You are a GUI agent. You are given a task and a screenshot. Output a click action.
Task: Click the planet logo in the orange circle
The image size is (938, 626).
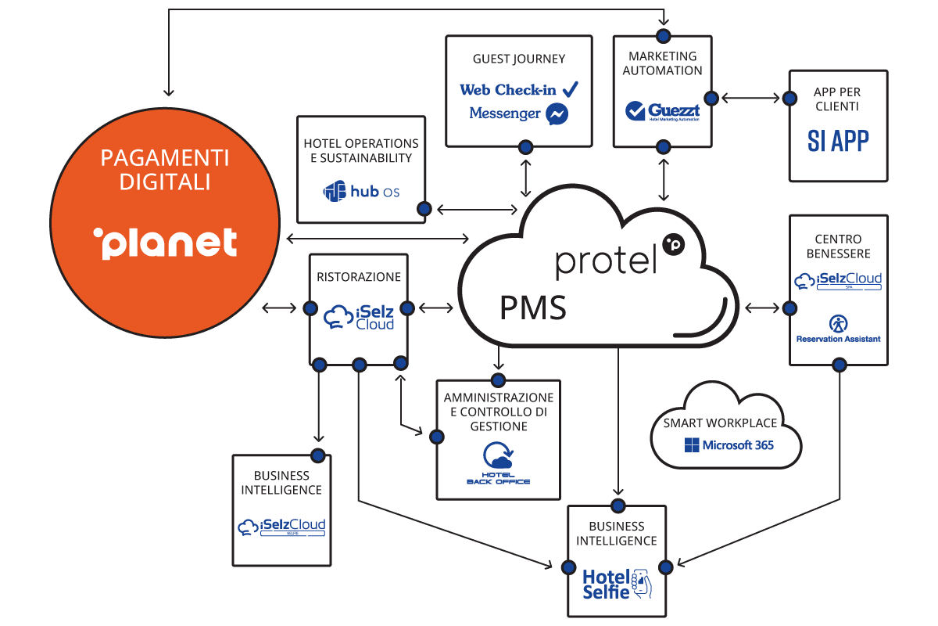coord(165,243)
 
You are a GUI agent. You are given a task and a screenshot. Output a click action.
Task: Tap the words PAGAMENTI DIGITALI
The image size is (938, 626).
coord(165,170)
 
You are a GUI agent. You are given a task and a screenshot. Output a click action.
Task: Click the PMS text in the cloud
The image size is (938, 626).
coord(533,308)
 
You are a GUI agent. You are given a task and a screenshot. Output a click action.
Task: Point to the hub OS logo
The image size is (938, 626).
coord(361,191)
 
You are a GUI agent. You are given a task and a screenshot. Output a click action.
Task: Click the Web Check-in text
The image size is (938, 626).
coord(508,89)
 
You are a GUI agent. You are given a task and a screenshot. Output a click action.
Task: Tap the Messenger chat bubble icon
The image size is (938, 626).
coord(557,113)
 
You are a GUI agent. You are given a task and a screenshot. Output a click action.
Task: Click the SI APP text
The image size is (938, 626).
coord(838,141)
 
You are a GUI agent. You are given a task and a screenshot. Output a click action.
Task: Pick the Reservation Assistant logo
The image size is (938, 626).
coord(838,329)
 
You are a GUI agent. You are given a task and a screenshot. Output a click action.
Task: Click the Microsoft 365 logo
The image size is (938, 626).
coord(729,444)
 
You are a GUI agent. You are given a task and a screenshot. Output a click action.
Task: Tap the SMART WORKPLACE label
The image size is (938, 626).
coord(720,423)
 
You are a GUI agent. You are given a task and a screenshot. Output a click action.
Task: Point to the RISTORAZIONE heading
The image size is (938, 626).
coord(359,277)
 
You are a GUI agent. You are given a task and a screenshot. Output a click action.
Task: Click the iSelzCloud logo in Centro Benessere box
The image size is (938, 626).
coord(838,280)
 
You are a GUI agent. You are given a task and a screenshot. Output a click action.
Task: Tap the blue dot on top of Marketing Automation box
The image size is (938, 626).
coord(663,35)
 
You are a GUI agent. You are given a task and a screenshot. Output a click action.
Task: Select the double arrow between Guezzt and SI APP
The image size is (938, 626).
coord(750,99)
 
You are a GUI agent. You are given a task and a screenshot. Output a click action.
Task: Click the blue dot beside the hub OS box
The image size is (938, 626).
coord(424,209)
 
